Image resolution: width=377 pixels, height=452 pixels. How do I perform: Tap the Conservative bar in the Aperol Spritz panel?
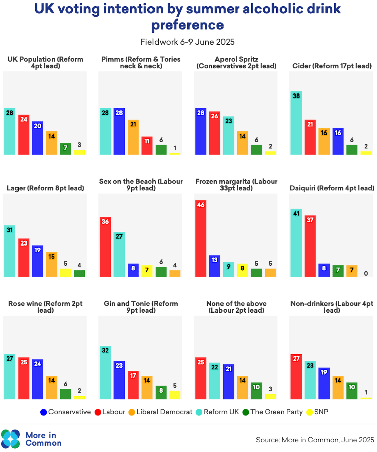201,131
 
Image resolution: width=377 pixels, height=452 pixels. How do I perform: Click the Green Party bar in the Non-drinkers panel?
352,391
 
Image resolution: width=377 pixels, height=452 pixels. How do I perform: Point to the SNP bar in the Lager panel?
66,273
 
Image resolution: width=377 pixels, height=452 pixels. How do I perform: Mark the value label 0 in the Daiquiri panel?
366,273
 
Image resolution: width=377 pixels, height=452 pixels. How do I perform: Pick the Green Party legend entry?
273,412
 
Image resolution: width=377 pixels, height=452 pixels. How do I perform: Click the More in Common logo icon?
10,439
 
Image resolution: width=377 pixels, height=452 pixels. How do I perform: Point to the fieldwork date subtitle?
187,42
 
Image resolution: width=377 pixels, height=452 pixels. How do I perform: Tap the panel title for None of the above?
236,307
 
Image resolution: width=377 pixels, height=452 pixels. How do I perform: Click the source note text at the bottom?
315,440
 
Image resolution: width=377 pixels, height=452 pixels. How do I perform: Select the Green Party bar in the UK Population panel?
66,149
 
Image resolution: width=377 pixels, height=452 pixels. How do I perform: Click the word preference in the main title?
187,25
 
